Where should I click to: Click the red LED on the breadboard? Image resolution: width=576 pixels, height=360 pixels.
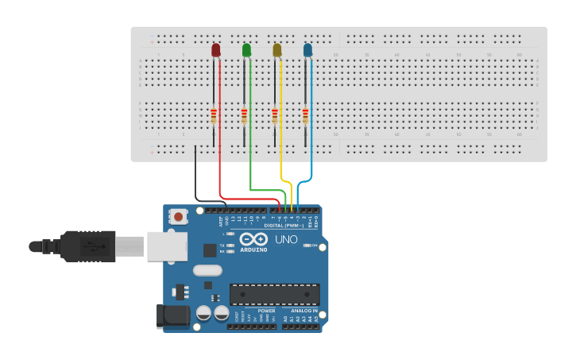point(215,50)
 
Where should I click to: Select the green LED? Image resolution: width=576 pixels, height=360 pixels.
point(246,50)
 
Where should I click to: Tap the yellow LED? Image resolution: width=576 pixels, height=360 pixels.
point(276,50)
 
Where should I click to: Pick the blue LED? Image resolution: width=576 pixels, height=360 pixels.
point(307,50)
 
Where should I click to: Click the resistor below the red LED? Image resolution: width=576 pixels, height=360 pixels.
point(214,116)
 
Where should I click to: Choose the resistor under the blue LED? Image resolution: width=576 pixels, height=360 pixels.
point(305,116)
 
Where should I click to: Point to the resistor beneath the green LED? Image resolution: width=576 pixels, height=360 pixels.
point(244,116)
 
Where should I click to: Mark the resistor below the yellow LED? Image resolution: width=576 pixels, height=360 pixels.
point(275,116)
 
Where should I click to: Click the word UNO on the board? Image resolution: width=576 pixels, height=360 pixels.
point(286,239)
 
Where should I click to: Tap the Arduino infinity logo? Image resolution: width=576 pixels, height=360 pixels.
point(253,238)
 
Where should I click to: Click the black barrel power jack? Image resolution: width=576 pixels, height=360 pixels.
point(172,315)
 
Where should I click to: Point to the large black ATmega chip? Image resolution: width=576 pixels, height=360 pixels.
point(275,294)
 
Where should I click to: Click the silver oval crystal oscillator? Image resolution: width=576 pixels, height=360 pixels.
point(207,270)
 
